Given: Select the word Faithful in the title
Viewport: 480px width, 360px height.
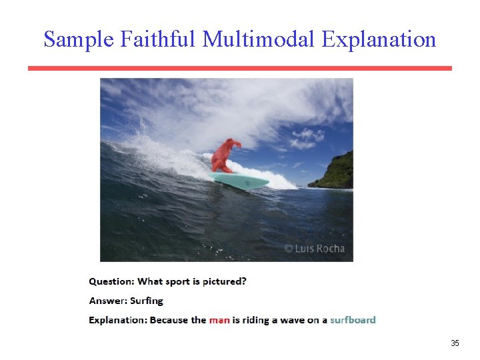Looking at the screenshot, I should click(x=159, y=39).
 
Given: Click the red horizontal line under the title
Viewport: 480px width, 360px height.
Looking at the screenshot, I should click(x=240, y=68).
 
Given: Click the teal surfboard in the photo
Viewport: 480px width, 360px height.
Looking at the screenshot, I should click(x=240, y=180).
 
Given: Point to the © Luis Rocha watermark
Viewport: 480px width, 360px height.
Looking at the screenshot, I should click(x=315, y=249).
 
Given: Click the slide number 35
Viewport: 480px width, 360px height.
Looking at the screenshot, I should click(x=455, y=343).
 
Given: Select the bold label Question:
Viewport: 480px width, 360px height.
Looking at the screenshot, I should click(x=111, y=281).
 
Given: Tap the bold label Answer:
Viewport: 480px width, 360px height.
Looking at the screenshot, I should click(x=108, y=301).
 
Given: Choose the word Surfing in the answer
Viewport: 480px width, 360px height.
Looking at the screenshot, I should click(x=147, y=301).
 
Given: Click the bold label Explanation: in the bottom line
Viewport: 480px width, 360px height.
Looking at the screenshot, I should click(x=118, y=320).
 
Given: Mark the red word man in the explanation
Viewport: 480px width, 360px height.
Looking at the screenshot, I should click(x=219, y=320).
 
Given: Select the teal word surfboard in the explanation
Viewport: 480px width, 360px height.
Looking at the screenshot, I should click(x=353, y=320).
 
